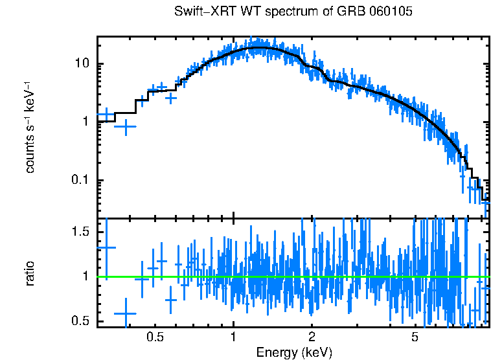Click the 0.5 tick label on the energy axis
click(x=154, y=337)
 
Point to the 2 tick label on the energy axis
click(x=312, y=337)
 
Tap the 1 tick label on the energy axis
click(x=233, y=337)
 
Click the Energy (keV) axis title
click(x=294, y=352)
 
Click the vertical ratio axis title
click(x=30, y=274)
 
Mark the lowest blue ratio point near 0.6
click(x=125, y=313)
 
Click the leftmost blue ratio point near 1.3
click(x=106, y=247)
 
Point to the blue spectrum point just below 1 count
click(x=125, y=127)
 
